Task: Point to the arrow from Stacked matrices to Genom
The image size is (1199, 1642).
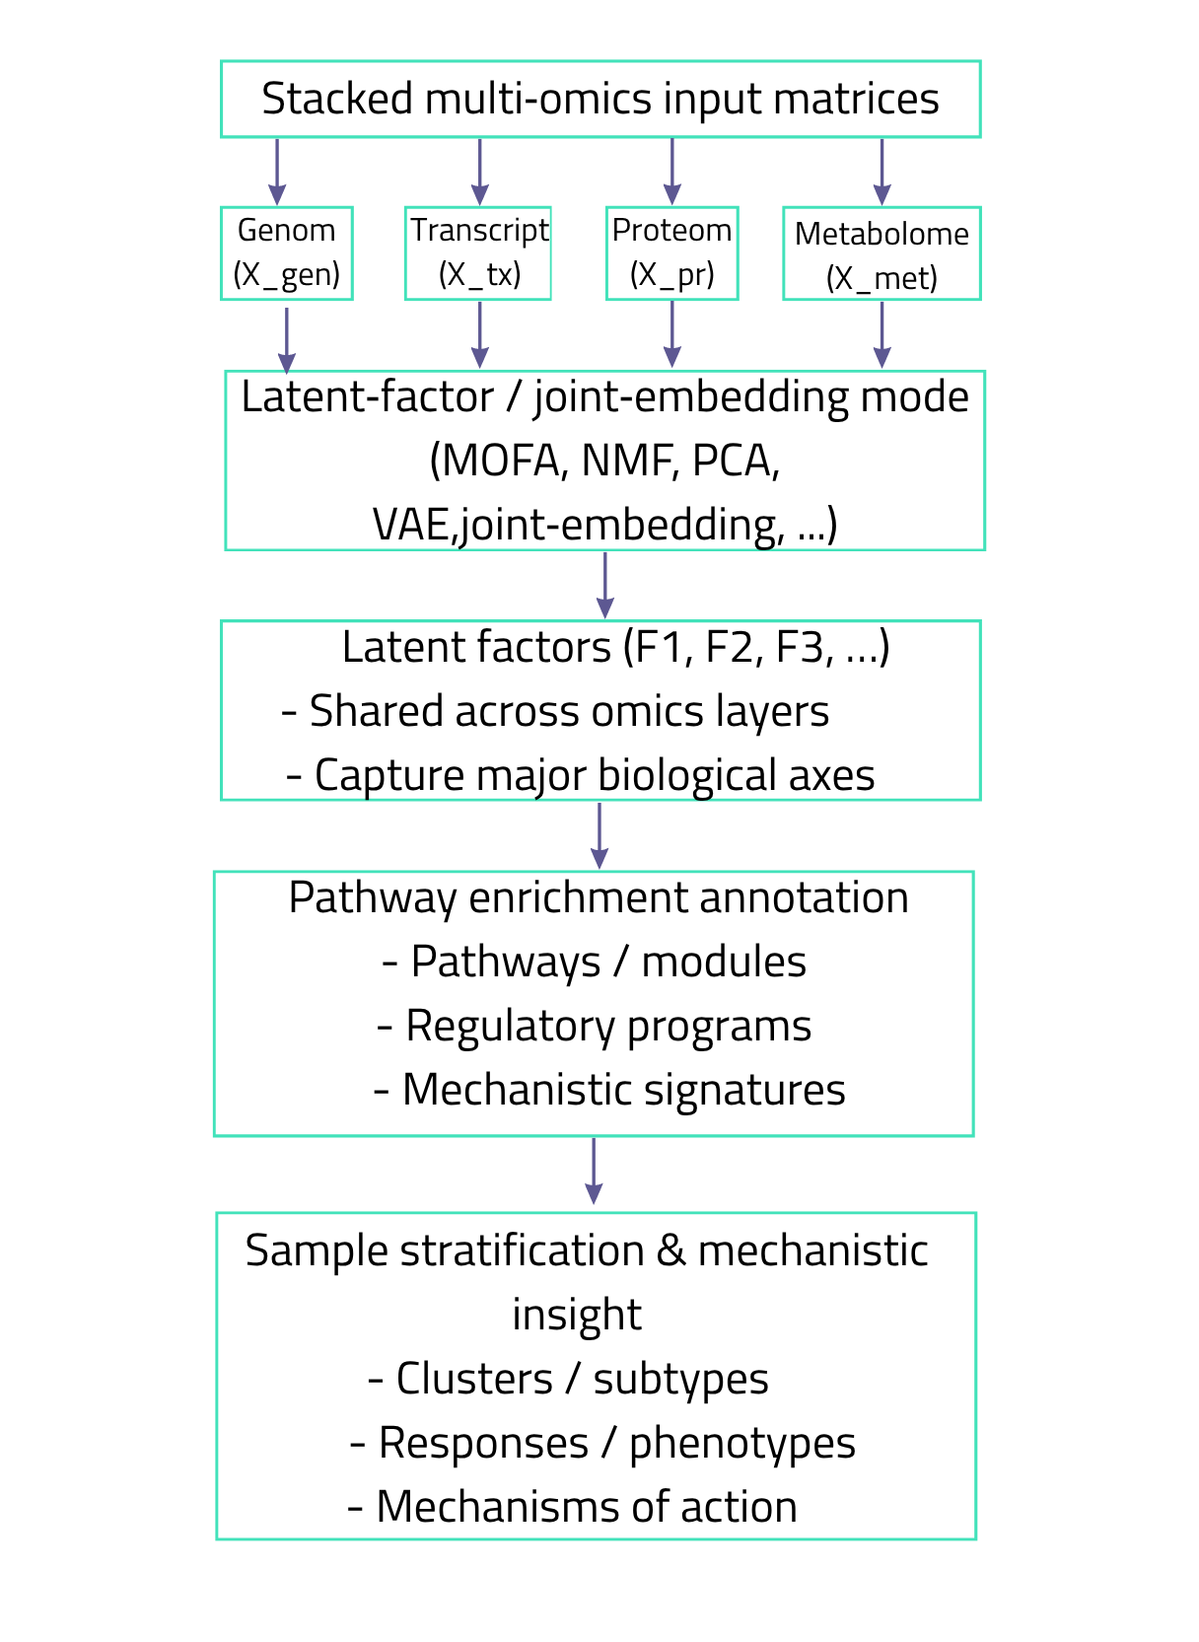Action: (x=277, y=172)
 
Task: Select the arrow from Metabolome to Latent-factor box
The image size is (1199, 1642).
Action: (x=882, y=334)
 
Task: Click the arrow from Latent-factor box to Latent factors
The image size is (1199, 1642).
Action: (x=605, y=585)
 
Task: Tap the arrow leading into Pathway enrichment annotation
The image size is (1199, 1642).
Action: (x=599, y=835)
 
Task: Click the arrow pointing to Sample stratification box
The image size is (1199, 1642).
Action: (x=594, y=1171)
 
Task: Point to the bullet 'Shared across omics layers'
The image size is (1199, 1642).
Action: (x=555, y=711)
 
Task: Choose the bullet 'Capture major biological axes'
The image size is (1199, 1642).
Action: (x=581, y=775)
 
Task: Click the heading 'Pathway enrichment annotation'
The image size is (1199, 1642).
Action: (x=599, y=897)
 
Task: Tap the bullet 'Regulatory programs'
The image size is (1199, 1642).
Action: (x=594, y=1026)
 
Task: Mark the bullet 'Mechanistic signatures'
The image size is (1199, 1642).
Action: (x=609, y=1090)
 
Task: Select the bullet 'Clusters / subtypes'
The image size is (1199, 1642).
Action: (x=568, y=1379)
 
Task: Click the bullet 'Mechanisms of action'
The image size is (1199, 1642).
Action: (x=572, y=1507)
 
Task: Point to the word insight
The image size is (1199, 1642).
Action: (x=577, y=1315)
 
